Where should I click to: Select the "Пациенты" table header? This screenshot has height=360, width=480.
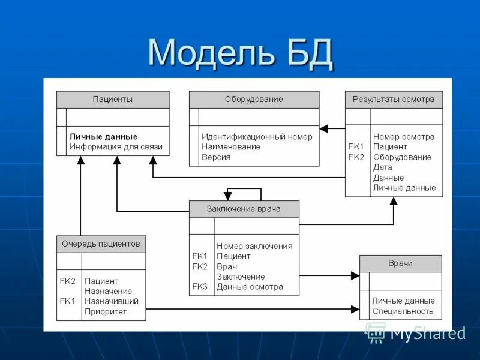pyautogui.click(x=113, y=100)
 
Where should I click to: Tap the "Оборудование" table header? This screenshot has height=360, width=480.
pyautogui.click(x=254, y=100)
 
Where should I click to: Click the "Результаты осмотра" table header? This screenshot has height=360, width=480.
pyautogui.click(x=394, y=100)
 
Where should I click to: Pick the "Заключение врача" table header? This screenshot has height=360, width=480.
pyautogui.click(x=244, y=209)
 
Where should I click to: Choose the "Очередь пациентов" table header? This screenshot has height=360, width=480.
pyautogui.click(x=101, y=244)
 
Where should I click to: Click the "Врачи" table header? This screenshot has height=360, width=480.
pyautogui.click(x=400, y=263)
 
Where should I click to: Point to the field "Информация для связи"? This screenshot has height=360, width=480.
pyautogui.click(x=116, y=146)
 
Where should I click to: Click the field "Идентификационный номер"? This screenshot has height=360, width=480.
pyautogui.click(x=257, y=137)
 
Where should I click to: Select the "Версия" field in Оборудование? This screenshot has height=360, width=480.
pyautogui.click(x=216, y=157)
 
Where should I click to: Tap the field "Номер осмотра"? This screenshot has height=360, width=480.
pyautogui.click(x=404, y=137)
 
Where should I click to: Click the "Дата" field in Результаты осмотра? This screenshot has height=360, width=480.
pyautogui.click(x=383, y=167)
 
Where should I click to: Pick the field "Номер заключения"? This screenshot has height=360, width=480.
pyautogui.click(x=254, y=246)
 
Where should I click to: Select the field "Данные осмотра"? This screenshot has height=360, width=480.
pyautogui.click(x=250, y=287)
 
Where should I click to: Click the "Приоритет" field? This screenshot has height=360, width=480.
pyautogui.click(x=106, y=311)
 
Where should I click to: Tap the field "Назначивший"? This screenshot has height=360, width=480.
pyautogui.click(x=112, y=301)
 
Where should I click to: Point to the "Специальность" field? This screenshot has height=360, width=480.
pyautogui.click(x=403, y=311)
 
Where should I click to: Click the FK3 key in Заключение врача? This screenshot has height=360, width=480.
pyautogui.click(x=200, y=287)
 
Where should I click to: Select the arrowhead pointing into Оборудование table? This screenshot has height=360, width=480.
pyautogui.click(x=324, y=128)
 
